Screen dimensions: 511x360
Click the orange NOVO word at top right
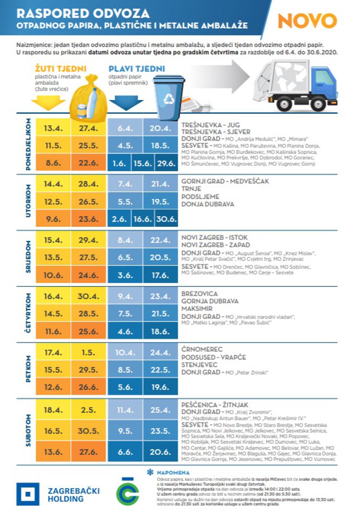[307, 21]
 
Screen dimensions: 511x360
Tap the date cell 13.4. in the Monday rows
[53, 128]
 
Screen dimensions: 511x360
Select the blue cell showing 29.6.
[166, 163]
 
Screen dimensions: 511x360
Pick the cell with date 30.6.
[166, 219]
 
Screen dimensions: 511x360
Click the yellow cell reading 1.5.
[88, 352]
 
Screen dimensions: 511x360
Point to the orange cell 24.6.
[88, 275]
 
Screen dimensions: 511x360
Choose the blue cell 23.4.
[160, 296]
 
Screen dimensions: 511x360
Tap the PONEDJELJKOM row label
[28, 144]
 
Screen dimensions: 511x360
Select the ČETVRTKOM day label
[28, 313]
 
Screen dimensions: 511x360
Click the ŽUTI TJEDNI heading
[61, 69]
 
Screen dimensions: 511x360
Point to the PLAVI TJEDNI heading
[137, 69]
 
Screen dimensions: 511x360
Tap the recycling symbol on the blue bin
[169, 99]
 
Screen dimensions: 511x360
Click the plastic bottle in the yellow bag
[92, 102]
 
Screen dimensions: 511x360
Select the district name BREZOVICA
[200, 294]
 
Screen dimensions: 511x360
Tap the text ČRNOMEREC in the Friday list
[202, 349]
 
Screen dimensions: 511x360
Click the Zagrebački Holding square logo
[28, 494]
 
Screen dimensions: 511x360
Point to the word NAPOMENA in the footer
[173, 473]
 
